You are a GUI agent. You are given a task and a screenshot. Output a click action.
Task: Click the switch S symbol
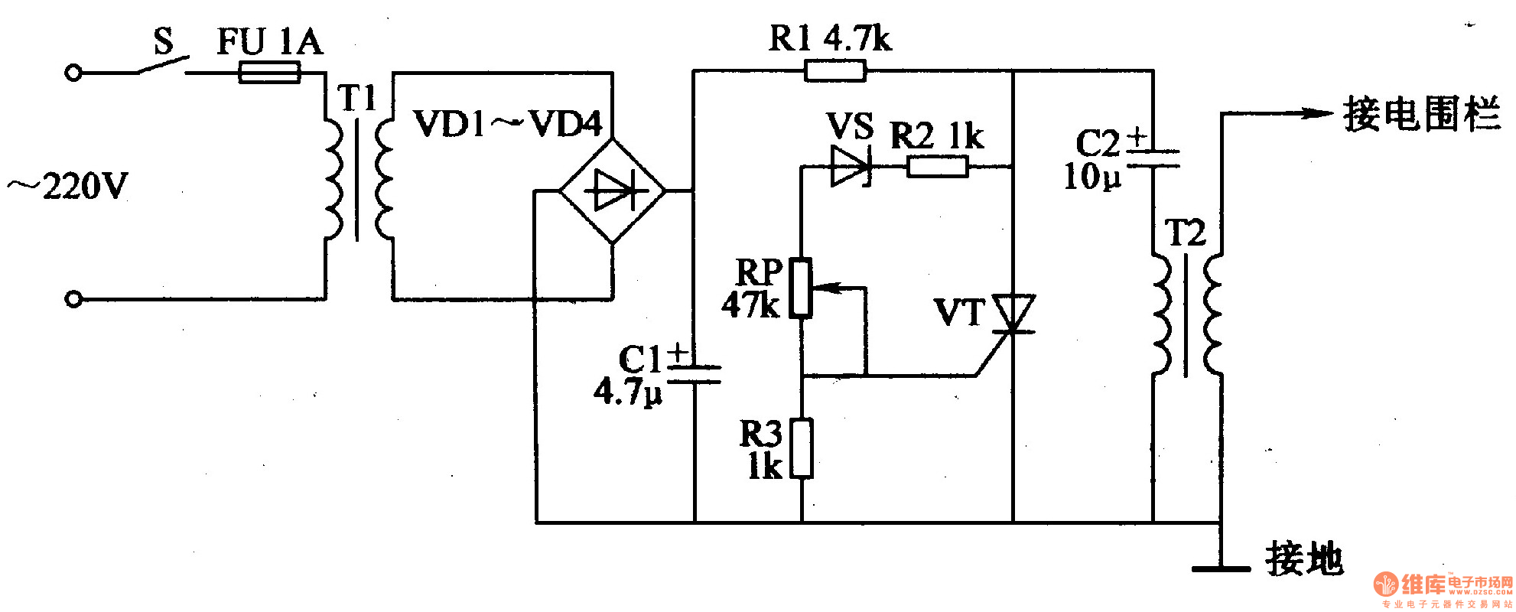162,66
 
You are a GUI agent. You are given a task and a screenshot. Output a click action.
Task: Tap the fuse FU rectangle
269,73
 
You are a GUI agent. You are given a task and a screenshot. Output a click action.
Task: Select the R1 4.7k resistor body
835,71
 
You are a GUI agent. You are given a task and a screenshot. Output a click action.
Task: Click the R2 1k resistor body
937,166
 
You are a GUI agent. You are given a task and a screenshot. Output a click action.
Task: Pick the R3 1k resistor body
801,448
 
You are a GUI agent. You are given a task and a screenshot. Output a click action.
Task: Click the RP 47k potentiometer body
801,288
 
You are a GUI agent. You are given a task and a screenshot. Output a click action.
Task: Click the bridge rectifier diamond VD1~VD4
612,190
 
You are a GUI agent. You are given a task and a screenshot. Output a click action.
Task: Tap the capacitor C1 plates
694,373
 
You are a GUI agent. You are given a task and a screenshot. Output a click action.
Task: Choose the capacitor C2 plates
1153,158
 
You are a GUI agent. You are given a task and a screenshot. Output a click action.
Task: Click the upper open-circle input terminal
73,73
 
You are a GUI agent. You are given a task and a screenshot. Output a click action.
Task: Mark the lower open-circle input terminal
73,299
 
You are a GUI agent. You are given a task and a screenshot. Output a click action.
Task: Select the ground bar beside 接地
1221,568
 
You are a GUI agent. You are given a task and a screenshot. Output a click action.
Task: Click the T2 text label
1185,233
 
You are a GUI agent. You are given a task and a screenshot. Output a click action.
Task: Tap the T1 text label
357,98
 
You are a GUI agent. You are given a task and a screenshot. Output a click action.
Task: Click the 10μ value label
1092,177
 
